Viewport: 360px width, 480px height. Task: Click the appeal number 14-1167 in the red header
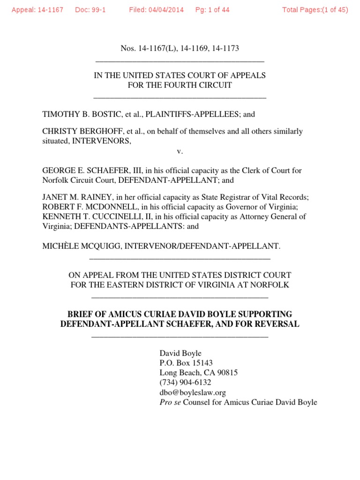point(51,10)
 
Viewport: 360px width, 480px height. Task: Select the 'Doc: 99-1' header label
point(90,10)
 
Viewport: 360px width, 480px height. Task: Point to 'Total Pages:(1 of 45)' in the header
point(315,10)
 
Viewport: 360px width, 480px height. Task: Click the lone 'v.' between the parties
point(180,151)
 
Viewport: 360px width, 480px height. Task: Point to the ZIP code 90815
point(227,373)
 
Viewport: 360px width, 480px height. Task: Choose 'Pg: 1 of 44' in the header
point(212,10)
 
